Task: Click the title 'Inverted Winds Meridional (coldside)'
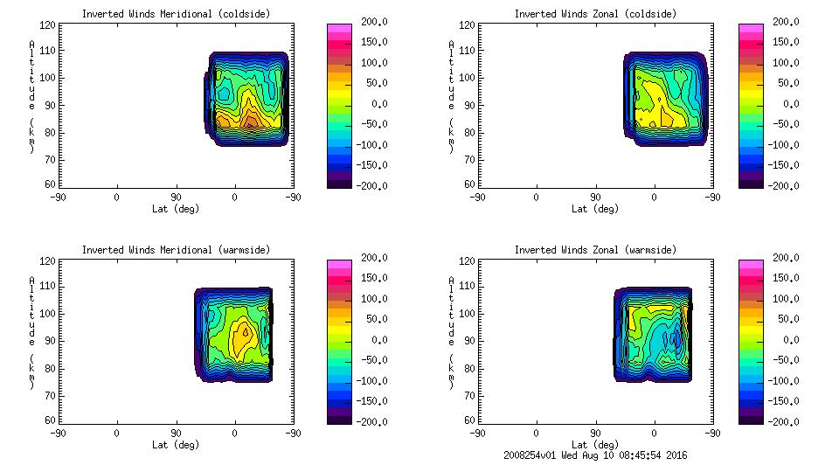click(x=176, y=14)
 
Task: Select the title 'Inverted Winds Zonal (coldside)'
click(x=595, y=14)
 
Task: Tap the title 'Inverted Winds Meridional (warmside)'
click(x=176, y=250)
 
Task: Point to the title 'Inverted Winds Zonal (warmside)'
click(x=595, y=250)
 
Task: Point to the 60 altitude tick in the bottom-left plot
click(x=53, y=420)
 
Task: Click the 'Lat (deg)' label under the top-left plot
click(x=175, y=208)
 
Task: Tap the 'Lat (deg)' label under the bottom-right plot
click(x=595, y=444)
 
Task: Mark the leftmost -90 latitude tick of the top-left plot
click(x=59, y=198)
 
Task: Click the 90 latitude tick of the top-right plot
click(x=595, y=198)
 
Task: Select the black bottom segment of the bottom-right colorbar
click(x=750, y=420)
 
